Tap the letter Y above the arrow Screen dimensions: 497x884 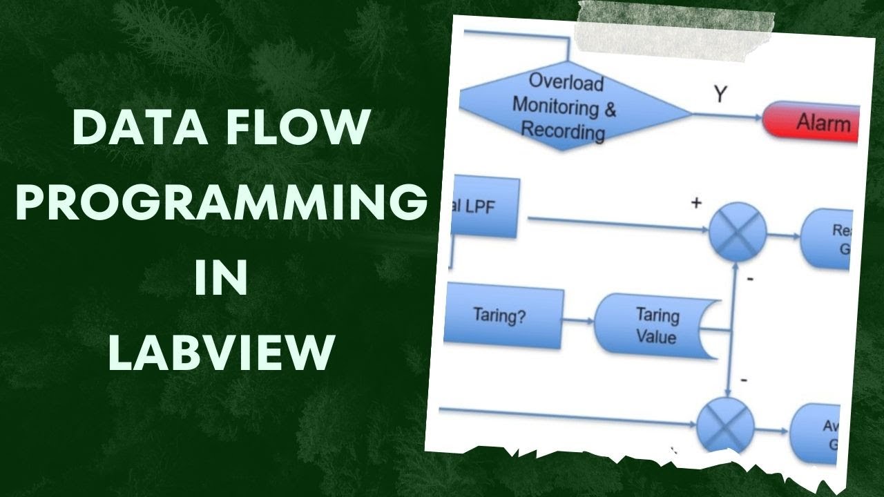click(720, 95)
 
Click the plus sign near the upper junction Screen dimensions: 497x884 click(695, 204)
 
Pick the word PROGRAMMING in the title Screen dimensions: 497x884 click(221, 203)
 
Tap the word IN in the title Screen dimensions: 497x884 click(221, 277)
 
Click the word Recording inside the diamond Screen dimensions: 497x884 click(563, 130)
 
